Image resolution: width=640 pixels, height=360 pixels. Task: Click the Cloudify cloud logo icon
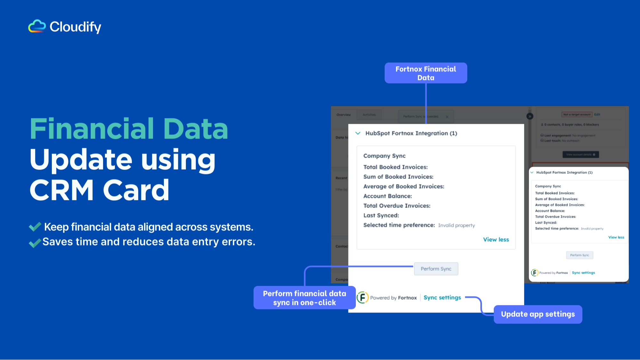37,26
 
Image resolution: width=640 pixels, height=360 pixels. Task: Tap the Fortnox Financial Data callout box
426,73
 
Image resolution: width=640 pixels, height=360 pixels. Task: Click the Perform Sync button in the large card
436,269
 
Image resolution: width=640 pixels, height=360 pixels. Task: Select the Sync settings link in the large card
442,298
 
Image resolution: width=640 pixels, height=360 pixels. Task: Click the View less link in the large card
496,240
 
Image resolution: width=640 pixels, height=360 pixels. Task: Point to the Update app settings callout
538,314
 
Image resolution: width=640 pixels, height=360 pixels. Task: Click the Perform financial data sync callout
304,298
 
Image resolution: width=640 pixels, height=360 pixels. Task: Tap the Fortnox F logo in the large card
363,298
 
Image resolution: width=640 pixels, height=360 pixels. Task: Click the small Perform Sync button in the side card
579,255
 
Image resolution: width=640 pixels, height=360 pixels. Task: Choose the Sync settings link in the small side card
583,273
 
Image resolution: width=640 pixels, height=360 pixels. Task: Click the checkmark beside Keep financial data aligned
35,227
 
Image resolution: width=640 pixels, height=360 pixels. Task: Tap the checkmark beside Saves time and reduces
35,243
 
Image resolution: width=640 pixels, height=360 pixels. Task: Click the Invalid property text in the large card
456,225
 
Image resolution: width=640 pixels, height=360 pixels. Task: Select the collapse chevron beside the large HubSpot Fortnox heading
358,133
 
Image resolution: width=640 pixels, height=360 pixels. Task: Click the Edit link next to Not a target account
597,115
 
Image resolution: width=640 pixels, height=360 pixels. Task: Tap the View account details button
580,155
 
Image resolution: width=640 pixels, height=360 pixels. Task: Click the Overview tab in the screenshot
343,115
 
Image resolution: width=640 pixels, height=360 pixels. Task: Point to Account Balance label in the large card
388,196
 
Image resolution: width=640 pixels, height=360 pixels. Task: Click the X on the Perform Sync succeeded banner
447,117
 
